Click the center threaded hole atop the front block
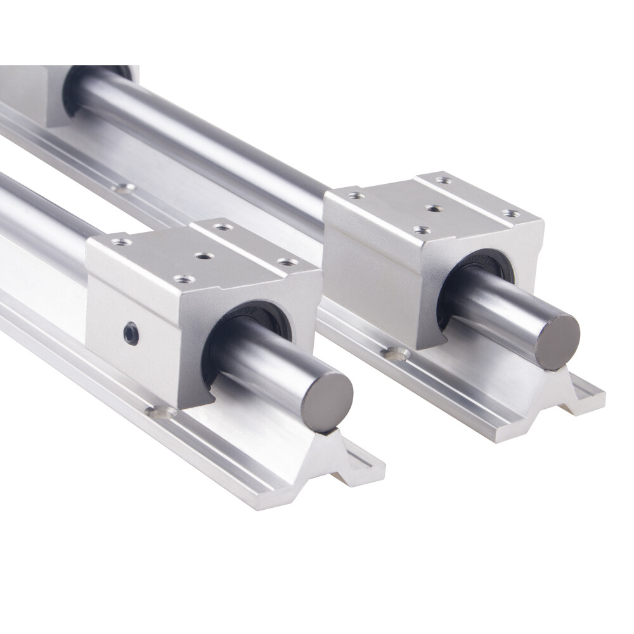pos(203,256)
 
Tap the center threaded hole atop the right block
pos(433,208)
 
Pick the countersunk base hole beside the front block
pos(161,413)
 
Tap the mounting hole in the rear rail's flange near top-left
pos(124,188)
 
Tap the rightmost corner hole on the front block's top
pos(288,262)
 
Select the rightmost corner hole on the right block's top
pos(508,213)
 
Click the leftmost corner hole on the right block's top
pos(357,196)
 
